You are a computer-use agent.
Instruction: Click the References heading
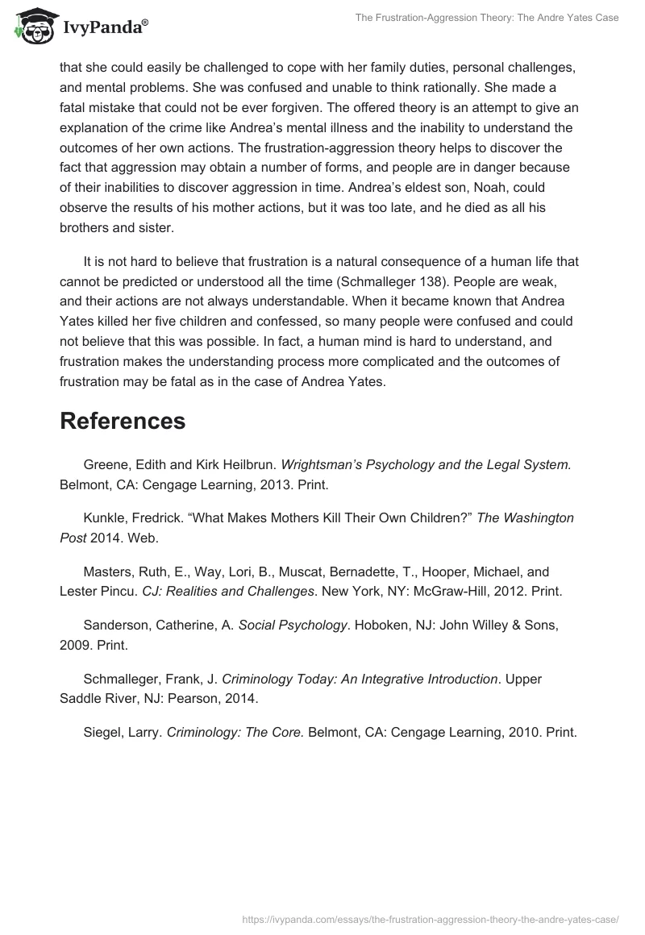[123, 420]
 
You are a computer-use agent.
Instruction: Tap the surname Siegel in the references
[102, 733]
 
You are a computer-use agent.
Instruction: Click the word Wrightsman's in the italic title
[321, 464]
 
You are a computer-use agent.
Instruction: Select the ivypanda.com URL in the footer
[431, 918]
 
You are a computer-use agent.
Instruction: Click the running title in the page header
[486, 18]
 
